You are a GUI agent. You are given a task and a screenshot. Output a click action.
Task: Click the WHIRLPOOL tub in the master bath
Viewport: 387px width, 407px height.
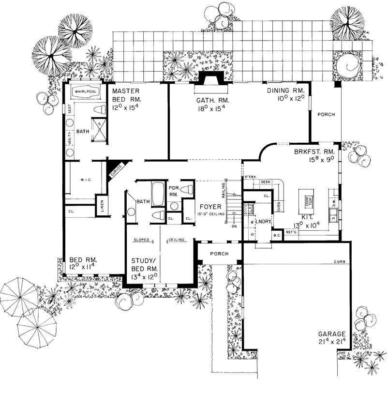tap(86, 91)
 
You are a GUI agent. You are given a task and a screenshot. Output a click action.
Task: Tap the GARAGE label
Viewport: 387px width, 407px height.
tap(331, 334)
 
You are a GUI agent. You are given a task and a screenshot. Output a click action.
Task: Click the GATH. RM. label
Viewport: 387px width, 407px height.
tap(211, 100)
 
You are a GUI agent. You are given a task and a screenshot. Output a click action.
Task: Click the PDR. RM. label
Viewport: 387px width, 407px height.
tap(173, 190)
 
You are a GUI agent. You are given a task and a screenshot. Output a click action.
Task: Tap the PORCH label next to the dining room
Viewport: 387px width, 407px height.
tap(326, 115)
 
